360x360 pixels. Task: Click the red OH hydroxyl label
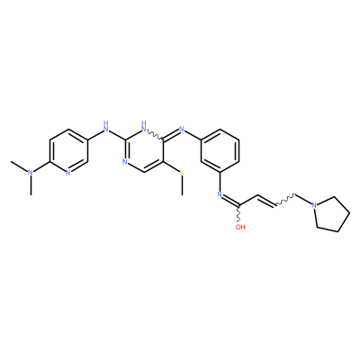point(240,227)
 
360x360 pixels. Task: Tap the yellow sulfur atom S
point(182,173)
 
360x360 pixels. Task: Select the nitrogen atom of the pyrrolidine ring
point(314,205)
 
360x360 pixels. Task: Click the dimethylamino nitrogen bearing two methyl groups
point(30,173)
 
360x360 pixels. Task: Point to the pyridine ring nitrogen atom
point(67,173)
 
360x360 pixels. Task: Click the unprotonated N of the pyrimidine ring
point(125,162)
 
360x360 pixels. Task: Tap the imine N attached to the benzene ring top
point(182,130)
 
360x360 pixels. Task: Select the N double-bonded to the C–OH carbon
point(220,194)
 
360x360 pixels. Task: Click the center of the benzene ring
point(220,151)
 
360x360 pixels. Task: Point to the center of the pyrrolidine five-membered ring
point(331,214)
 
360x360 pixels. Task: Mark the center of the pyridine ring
point(68,151)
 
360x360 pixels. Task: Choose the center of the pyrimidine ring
point(144,151)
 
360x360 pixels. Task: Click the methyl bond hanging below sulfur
point(182,185)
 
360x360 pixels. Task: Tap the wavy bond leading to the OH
point(239,213)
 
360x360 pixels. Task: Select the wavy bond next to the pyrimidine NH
point(155,135)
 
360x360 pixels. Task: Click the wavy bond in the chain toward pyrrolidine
point(285,201)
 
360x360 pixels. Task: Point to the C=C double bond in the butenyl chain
point(266,202)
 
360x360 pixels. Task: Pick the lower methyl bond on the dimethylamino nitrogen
point(31,185)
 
